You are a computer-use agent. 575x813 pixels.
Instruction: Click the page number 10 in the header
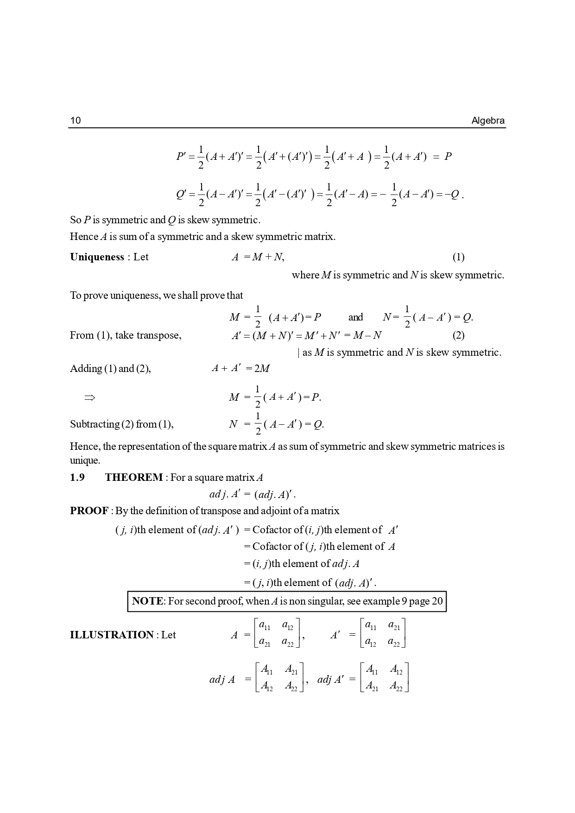point(75,121)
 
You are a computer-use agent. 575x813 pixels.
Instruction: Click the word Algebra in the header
point(488,121)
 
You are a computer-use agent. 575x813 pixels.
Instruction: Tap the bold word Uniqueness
point(97,257)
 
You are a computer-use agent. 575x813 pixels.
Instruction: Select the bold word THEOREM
point(134,478)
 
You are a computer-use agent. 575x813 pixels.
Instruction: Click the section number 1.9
point(77,478)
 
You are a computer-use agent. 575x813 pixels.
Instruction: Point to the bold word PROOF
point(89,511)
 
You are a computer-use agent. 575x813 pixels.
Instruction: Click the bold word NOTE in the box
point(147,601)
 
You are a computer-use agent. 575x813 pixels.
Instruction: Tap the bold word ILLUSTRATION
point(112,635)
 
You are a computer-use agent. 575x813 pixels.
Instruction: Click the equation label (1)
point(458,257)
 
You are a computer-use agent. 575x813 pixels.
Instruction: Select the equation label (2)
point(458,335)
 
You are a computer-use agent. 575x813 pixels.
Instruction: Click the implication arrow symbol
point(89,397)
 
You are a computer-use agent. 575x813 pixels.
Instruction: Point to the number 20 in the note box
point(437,601)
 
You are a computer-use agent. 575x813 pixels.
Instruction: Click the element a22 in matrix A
point(288,643)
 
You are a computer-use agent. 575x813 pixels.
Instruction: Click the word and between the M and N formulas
point(355,317)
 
